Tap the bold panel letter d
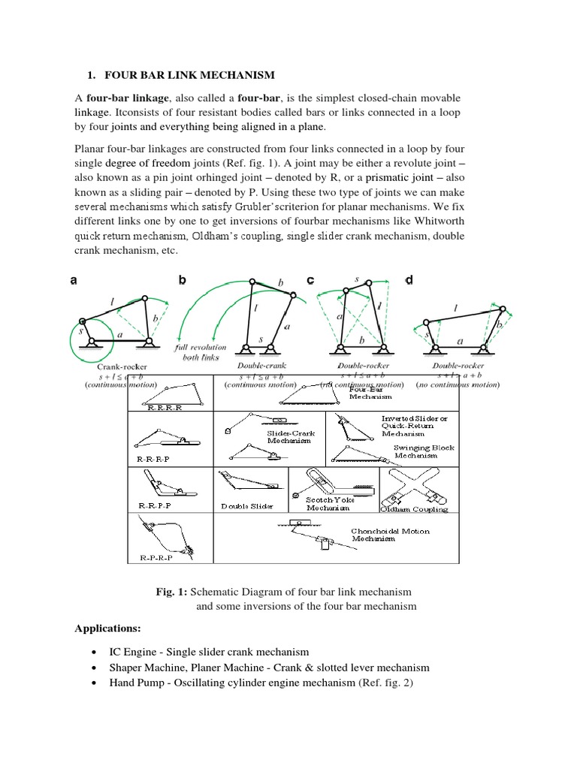pos(409,280)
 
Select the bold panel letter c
pos(310,280)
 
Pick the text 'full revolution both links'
pos(197,354)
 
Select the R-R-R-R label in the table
pos(167,406)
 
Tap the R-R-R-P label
pos(153,457)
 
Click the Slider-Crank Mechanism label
pos(291,438)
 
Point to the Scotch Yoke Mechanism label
pos(328,503)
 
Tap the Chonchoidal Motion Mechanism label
pos(391,535)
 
